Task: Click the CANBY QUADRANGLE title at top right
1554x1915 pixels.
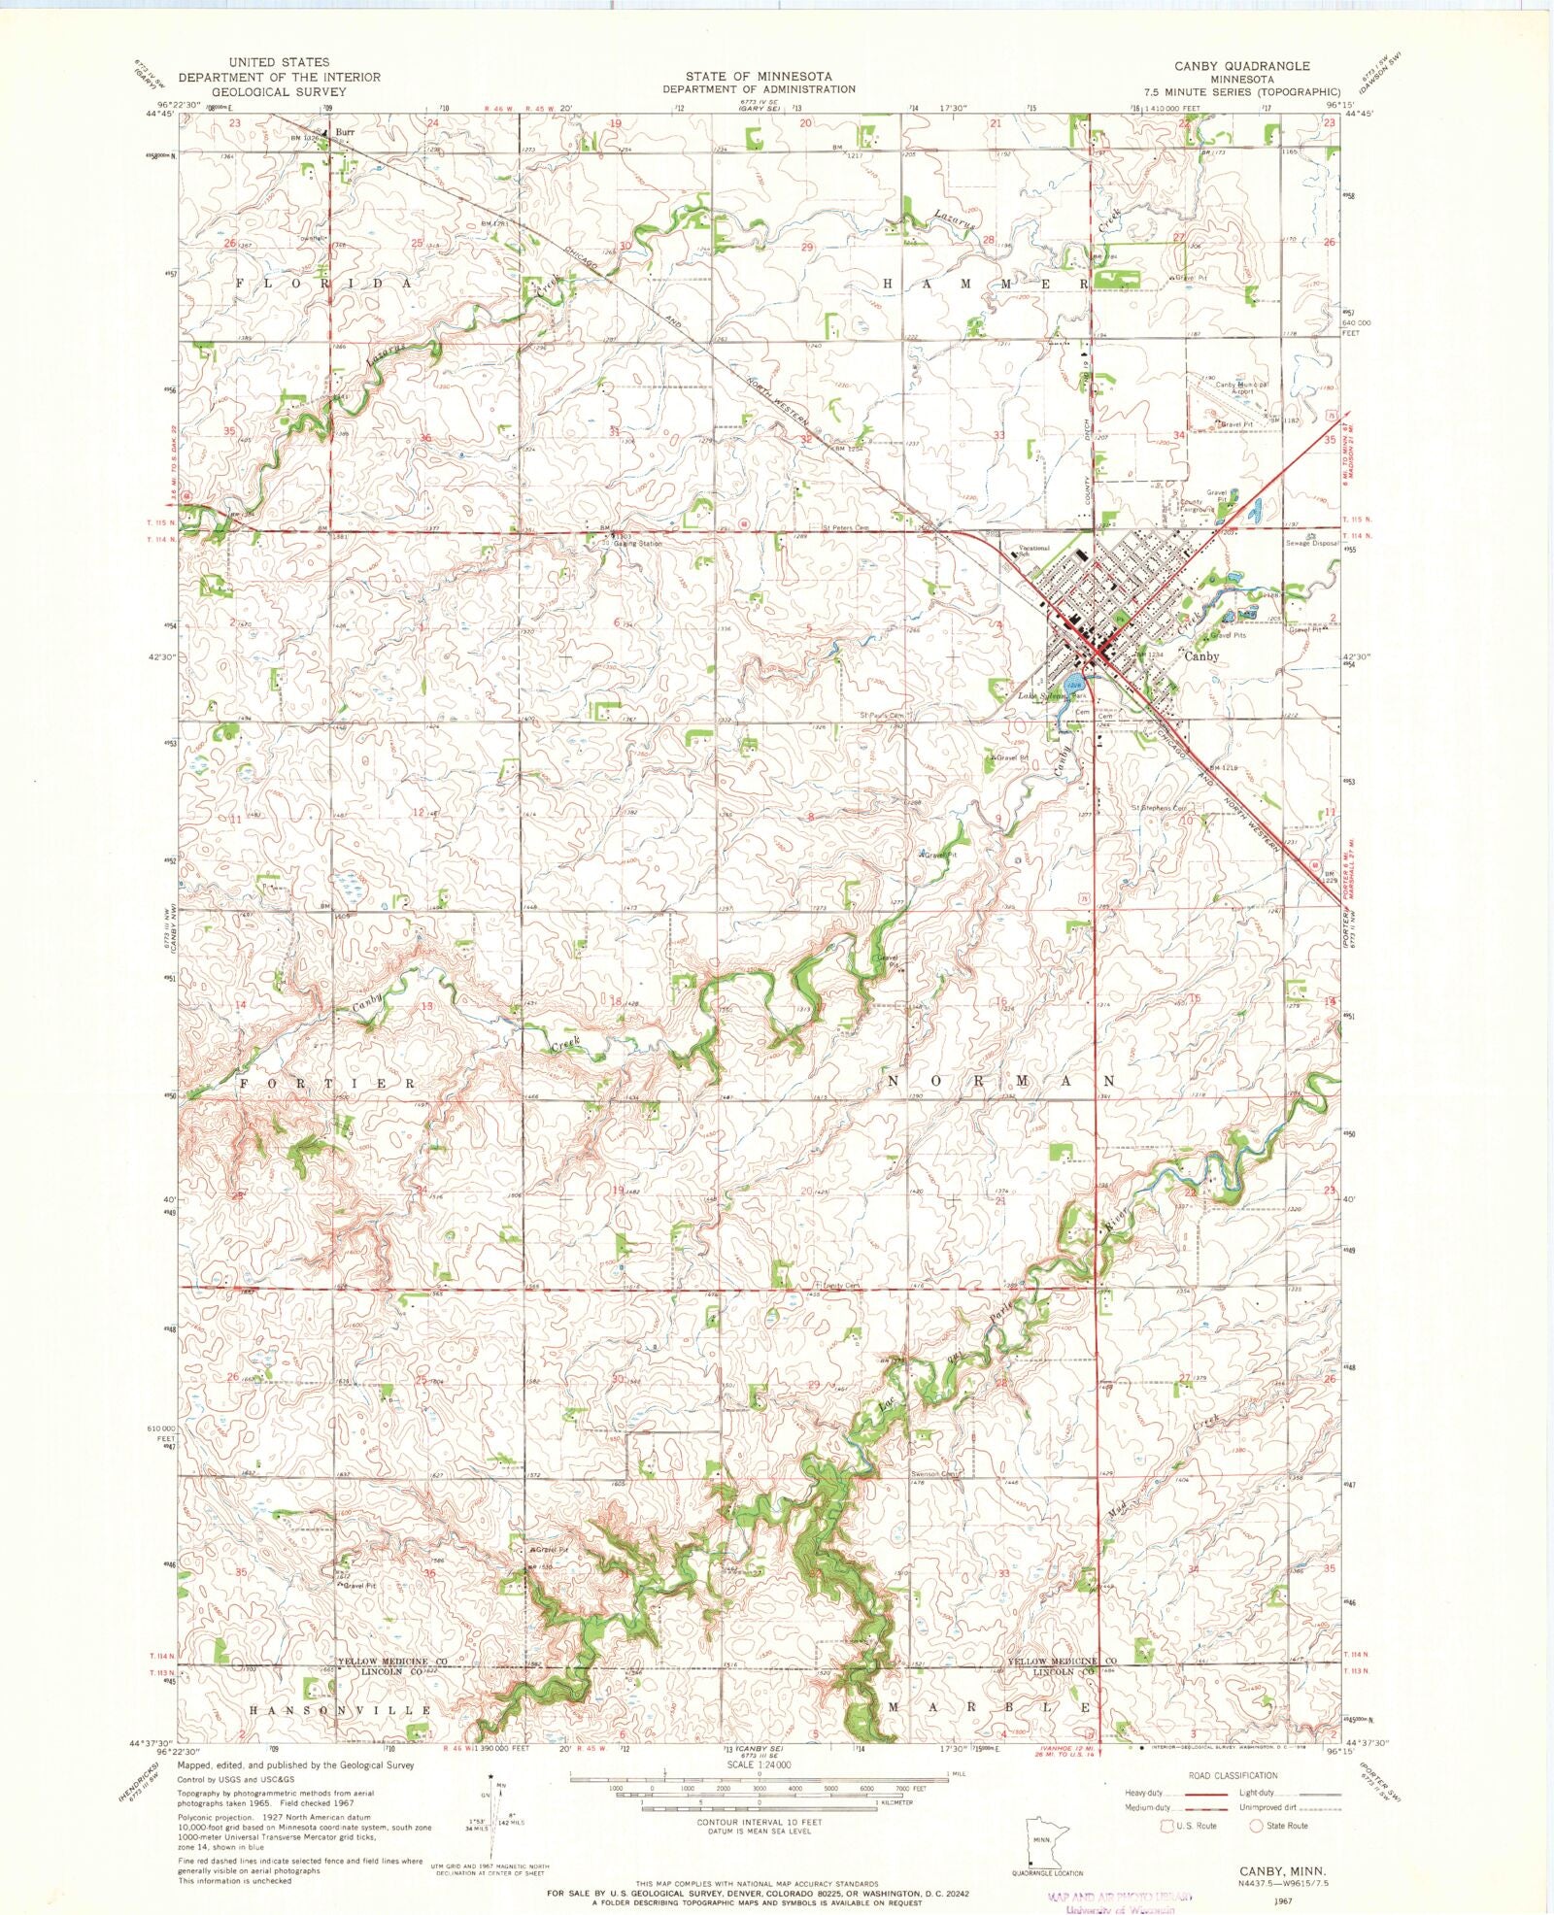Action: (x=1241, y=66)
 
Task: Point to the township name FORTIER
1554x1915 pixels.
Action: (x=327, y=1082)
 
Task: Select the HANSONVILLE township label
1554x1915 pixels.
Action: (x=340, y=1710)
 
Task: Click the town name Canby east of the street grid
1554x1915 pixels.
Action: (x=1201, y=656)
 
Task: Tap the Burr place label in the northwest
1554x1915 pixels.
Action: (x=345, y=131)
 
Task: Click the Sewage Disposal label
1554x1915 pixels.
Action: (x=1312, y=543)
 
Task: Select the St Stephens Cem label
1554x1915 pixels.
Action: (x=1158, y=808)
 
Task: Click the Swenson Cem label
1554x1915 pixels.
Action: (x=934, y=1474)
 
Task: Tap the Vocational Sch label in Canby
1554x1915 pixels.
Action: (x=1031, y=551)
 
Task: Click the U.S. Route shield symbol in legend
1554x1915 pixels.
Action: (x=1167, y=1826)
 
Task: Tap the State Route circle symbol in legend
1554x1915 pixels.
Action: (x=1256, y=1826)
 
